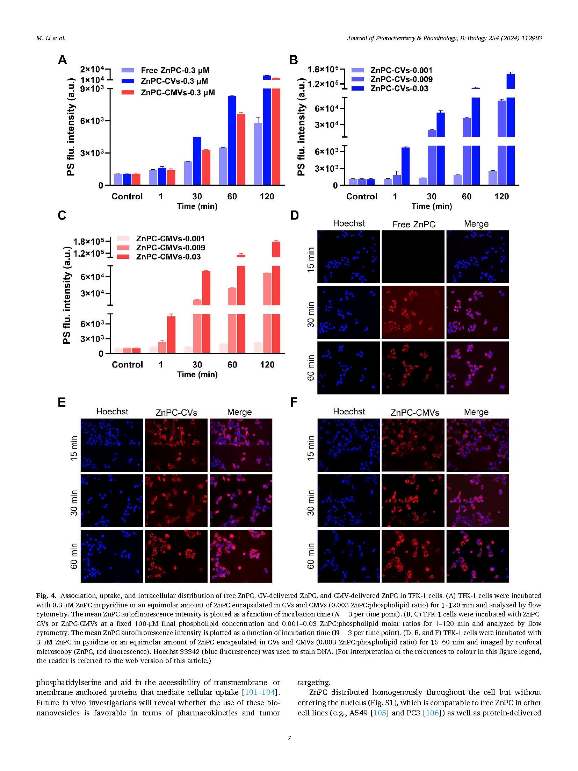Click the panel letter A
(62, 60)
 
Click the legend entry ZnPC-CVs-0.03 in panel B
(399, 89)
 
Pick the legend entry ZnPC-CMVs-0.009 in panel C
(170, 248)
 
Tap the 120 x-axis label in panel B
(501, 196)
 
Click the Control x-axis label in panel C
(127, 365)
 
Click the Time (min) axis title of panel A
(197, 206)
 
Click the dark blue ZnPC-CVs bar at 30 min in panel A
(197, 160)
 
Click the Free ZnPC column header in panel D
(414, 224)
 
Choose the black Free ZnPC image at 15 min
(413, 257)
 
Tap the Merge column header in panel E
(239, 412)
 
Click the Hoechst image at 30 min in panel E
(112, 501)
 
